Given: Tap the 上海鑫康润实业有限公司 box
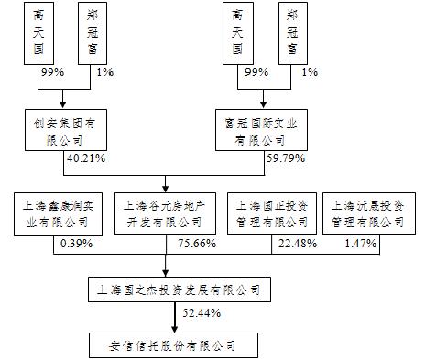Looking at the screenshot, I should coord(51,213).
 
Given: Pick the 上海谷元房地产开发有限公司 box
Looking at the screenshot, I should coord(164,213).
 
